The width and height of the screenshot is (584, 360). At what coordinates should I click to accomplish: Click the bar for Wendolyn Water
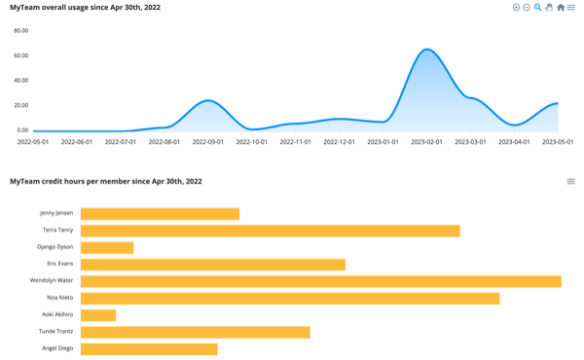click(x=320, y=281)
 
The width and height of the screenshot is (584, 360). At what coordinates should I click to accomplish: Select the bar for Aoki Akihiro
click(x=98, y=315)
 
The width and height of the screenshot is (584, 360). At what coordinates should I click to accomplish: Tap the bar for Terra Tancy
click(x=270, y=231)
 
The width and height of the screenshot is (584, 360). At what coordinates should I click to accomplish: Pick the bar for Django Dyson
click(x=107, y=247)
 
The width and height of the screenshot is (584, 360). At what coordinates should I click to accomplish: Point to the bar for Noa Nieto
click(x=290, y=298)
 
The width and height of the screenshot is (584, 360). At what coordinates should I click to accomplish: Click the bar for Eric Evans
click(x=212, y=264)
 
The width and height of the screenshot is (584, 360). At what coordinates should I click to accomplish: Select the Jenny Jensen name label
click(x=55, y=213)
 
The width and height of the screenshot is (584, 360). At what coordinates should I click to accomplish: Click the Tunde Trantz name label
click(x=55, y=332)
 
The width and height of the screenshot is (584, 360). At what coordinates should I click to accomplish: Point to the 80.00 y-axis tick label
click(x=21, y=30)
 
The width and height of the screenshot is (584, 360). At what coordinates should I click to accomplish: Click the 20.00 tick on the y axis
click(x=21, y=105)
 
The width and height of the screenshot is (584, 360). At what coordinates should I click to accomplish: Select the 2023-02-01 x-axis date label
click(x=426, y=142)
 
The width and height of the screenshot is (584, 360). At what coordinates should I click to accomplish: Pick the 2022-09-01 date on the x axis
click(x=208, y=142)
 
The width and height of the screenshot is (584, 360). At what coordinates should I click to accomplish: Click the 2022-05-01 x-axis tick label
click(x=33, y=142)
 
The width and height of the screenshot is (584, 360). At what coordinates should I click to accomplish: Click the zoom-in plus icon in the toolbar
click(x=516, y=7)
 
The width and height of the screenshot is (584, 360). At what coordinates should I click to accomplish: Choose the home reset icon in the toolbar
click(x=561, y=7)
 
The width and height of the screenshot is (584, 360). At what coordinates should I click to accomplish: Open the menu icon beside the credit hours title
click(x=571, y=181)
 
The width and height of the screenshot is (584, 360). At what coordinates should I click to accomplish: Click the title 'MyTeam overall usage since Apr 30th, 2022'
click(x=86, y=7)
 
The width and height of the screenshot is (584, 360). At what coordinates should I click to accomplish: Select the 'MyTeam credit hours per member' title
click(x=106, y=181)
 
